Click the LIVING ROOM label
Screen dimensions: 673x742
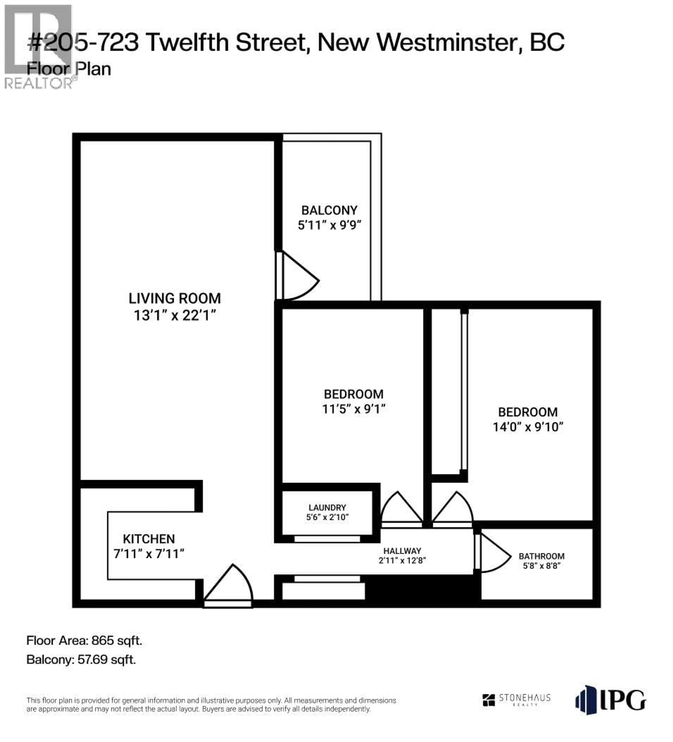[175, 298]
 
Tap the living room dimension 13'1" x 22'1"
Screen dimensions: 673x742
[175, 315]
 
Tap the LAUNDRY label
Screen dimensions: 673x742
[327, 507]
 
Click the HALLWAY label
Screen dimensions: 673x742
[402, 551]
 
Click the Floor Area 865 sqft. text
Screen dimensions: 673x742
[84, 641]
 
